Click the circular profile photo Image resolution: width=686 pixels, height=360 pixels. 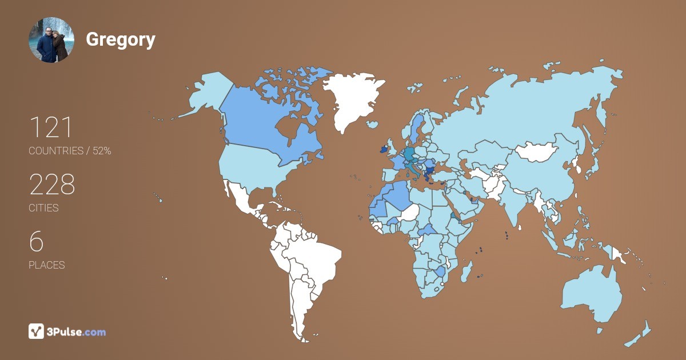point(51,40)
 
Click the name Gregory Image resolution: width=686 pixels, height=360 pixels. point(121,39)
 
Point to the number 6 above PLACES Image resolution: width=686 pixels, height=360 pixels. point(36,242)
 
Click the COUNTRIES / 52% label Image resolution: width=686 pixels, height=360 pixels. point(70,151)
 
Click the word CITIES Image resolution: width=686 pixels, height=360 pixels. point(43,208)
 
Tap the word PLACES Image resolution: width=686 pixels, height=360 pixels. point(46,265)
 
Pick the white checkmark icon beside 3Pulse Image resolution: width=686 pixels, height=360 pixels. point(36,331)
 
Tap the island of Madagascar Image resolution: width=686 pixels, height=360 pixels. point(467,270)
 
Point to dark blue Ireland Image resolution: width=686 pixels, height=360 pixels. point(382,150)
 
